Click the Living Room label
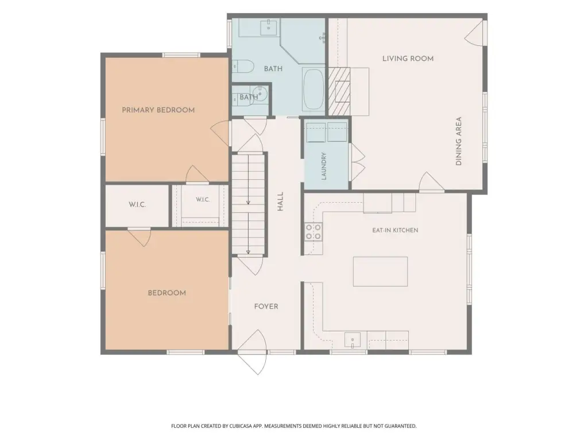(x=408, y=59)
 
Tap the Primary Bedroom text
(x=158, y=110)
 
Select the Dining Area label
(x=458, y=141)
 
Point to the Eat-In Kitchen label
(x=395, y=230)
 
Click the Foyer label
(x=266, y=307)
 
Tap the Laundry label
(x=324, y=166)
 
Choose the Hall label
(x=280, y=202)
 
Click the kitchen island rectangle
(x=380, y=272)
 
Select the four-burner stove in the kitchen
(x=313, y=231)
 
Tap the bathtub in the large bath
(x=314, y=89)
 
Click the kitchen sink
(x=353, y=341)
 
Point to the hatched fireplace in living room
(x=339, y=91)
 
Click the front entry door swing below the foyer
(x=252, y=352)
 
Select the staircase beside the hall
(x=248, y=204)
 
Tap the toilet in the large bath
(x=243, y=67)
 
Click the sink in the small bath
(x=260, y=94)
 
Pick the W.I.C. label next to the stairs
(x=203, y=199)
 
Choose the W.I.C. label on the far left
(x=137, y=205)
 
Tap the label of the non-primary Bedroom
(x=167, y=293)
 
